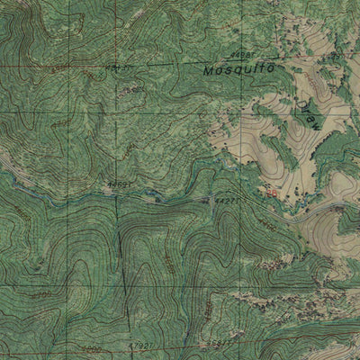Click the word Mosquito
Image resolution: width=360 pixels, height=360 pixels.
[238, 68]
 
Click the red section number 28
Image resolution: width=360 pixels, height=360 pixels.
[268, 191]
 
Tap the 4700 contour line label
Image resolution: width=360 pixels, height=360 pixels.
[40, 293]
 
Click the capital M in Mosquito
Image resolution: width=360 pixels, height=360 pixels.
[209, 69]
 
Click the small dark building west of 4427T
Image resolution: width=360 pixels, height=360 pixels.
[158, 200]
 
